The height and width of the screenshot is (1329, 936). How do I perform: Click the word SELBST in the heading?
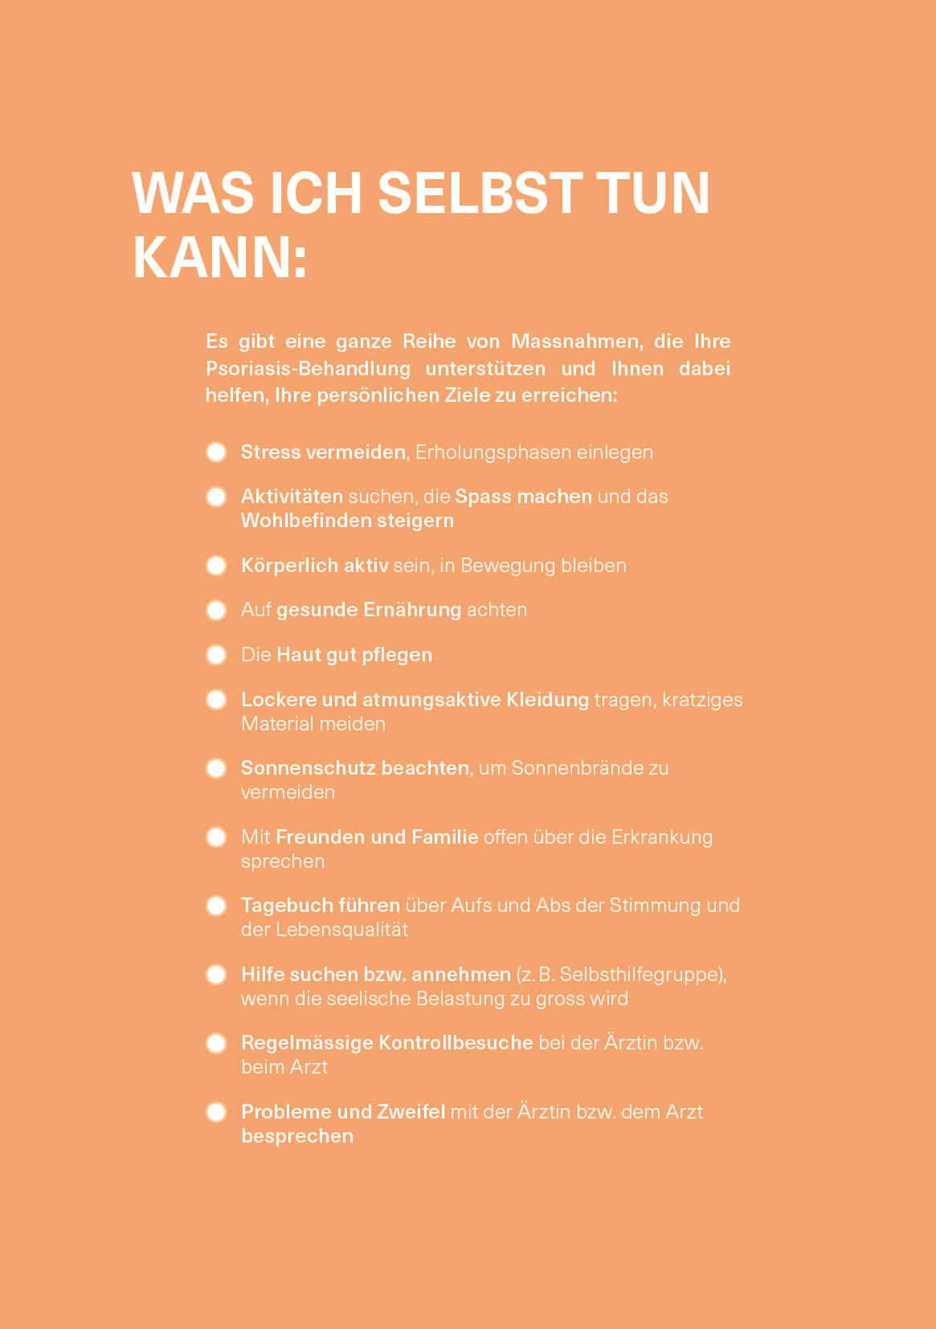point(480,193)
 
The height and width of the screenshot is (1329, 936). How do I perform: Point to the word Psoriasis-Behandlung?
point(308,369)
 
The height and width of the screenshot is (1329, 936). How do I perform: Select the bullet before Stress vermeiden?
point(216,452)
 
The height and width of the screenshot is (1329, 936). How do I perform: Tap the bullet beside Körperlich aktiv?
point(216,566)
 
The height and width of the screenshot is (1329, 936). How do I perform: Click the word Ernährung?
point(412,610)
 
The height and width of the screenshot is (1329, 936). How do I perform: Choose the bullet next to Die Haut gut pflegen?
point(216,655)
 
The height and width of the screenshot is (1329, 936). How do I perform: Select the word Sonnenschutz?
point(309,768)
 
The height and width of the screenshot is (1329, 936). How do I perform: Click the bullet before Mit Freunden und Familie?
point(216,837)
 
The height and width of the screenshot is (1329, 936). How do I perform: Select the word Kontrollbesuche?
point(456,1043)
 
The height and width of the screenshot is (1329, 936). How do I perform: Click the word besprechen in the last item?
point(297,1136)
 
